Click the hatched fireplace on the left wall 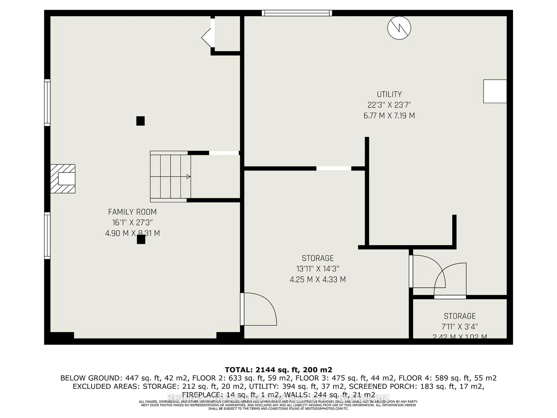63,179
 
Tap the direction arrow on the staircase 188,177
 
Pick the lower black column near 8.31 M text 141,239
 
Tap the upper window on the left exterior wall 47,103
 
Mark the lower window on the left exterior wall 47,236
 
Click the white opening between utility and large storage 334,169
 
